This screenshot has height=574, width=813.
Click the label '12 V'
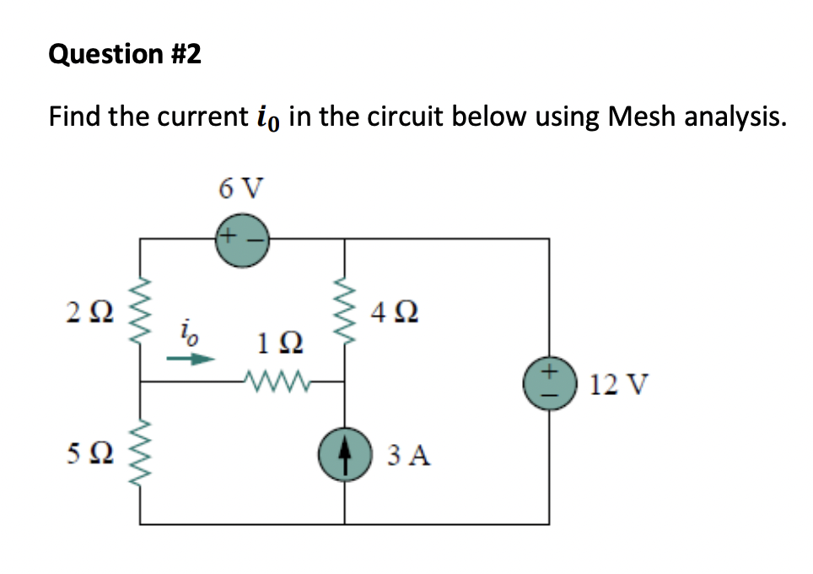(619, 385)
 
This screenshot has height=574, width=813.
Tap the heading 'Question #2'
(126, 55)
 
